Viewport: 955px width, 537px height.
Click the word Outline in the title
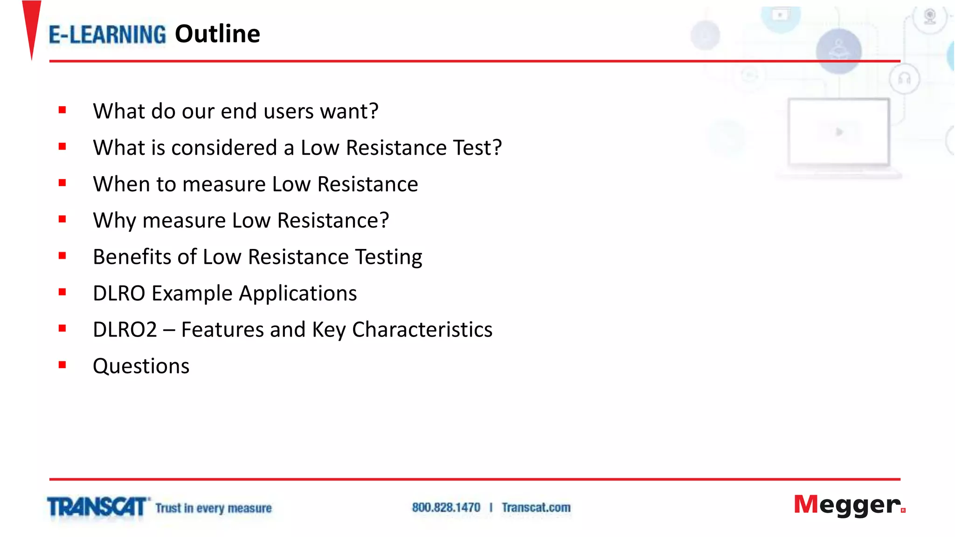217,34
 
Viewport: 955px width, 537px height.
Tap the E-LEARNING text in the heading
107,35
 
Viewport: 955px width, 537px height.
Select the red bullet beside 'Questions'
62,365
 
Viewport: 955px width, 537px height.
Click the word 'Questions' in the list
141,366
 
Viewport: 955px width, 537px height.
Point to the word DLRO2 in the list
125,330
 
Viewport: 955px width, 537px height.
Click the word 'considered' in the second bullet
224,148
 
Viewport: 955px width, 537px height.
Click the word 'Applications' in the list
298,294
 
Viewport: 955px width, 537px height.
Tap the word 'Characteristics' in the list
422,330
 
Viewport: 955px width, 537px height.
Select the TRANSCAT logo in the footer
97,507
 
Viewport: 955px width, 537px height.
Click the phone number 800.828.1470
446,507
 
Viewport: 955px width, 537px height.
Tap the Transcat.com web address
536,507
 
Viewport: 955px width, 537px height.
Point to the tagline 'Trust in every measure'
214,508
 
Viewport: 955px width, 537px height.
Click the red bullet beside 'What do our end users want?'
62,110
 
